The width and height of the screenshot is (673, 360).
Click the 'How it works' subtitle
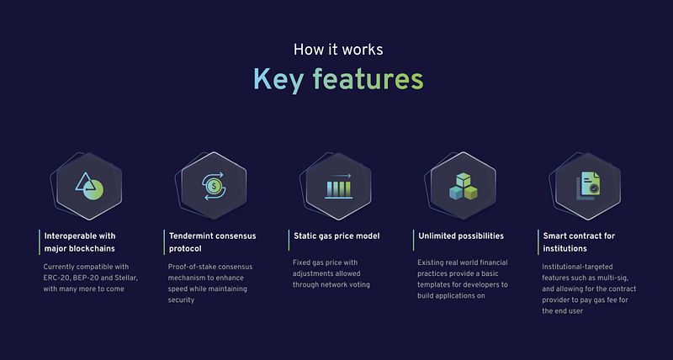338,50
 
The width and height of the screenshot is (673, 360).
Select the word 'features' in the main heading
368,79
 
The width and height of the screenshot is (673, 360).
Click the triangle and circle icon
89,187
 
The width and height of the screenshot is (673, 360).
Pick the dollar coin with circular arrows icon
214,186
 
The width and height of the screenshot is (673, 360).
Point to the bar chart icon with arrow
339,186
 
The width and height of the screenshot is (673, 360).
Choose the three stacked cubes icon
464,186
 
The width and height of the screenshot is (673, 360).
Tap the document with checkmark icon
588,186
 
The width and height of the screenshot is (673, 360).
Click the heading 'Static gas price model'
336,236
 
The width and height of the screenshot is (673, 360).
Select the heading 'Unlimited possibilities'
461,236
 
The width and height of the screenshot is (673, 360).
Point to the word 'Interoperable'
68,236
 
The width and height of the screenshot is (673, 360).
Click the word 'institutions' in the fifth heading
564,248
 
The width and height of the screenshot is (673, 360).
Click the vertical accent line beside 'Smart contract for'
538,242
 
